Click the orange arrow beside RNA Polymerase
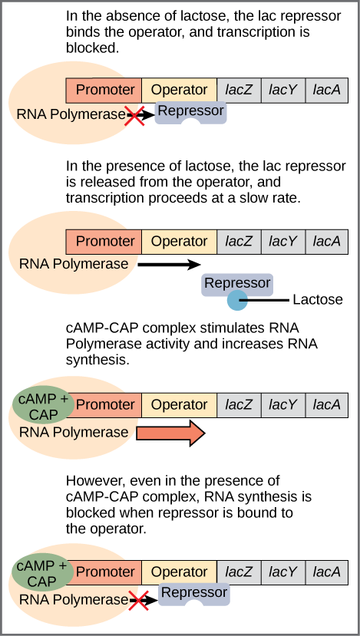coord(170,433)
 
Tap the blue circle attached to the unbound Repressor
coord(237,301)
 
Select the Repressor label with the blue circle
coord(237,283)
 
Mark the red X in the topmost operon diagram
coord(135,116)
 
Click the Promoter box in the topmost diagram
coord(104,90)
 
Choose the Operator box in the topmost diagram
coord(179,90)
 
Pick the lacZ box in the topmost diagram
coord(239,90)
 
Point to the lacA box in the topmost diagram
coord(327,90)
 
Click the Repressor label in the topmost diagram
coord(190,111)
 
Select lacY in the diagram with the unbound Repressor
coord(282,241)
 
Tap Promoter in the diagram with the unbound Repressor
coord(104,241)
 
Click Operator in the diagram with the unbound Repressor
coord(179,241)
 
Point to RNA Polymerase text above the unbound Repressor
coord(74,264)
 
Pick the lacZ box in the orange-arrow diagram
coord(239,404)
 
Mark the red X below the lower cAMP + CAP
coord(137,601)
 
